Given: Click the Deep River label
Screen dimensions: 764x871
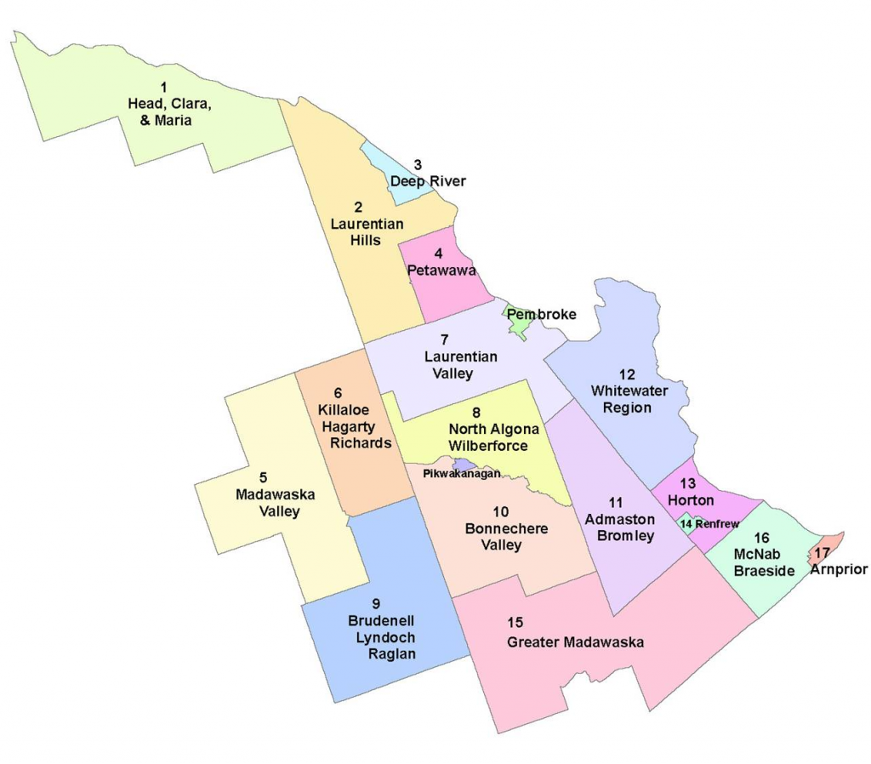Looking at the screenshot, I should click(428, 181).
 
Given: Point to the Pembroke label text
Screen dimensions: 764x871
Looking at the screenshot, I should click(542, 314).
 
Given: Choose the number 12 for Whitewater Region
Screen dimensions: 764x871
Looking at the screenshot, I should click(627, 374).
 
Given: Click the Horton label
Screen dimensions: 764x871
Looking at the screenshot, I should click(691, 500).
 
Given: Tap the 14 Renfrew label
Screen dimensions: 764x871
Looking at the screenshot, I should click(709, 524).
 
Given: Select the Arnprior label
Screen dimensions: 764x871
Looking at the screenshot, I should click(839, 569).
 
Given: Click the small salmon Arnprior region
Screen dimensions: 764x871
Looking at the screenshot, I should click(830, 545).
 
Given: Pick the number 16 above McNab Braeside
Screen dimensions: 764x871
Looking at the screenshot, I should click(760, 538).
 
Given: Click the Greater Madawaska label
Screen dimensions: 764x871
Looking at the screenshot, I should click(575, 642).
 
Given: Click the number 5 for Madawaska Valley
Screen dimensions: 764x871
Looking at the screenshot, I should click(263, 477).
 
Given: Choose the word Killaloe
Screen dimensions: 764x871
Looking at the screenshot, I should click(338, 410).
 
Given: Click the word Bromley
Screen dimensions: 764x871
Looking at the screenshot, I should click(625, 536).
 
